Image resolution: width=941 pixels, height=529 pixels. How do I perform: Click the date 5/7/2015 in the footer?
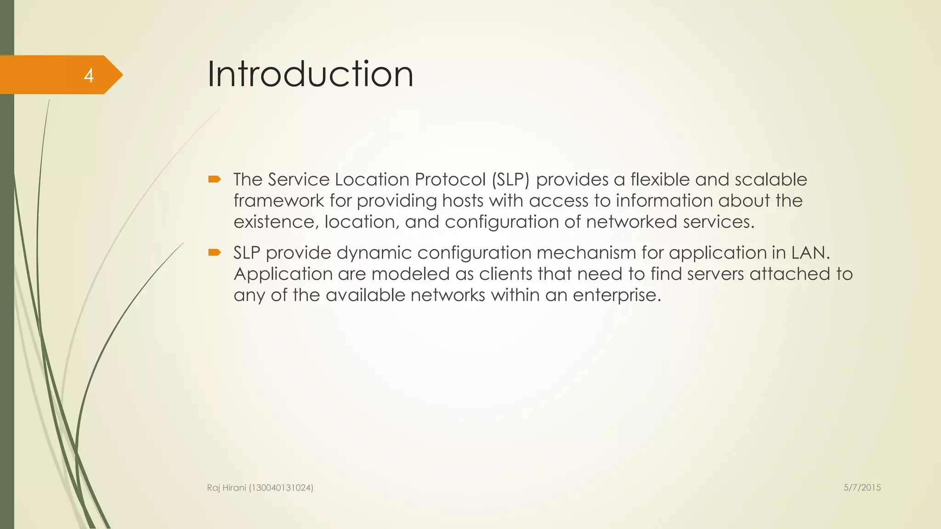[x=862, y=488]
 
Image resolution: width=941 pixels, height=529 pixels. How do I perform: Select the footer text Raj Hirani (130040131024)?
[x=260, y=488]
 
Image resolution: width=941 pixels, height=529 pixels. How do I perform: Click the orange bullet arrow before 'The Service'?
[x=215, y=179]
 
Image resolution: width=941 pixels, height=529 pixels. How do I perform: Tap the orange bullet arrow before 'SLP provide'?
[x=215, y=252]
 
